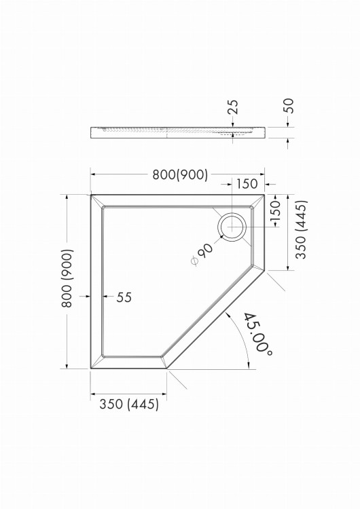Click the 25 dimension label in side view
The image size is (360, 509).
click(x=232, y=107)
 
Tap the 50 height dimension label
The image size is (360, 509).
click(x=288, y=105)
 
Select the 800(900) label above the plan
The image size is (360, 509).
click(x=180, y=174)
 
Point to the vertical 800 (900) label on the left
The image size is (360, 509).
click(x=67, y=278)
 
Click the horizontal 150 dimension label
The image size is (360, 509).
click(x=247, y=184)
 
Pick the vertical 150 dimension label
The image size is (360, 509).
click(x=275, y=210)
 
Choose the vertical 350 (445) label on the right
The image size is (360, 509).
click(x=301, y=229)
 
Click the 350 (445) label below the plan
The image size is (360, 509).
click(x=129, y=404)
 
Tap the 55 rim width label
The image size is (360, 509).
click(x=124, y=297)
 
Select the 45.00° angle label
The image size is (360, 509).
click(x=258, y=335)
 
